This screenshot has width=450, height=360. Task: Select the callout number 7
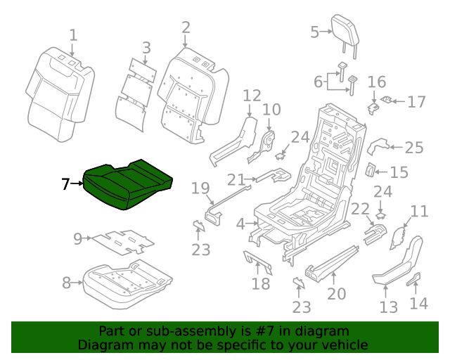click(x=65, y=184)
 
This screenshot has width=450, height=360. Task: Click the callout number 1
click(x=73, y=34)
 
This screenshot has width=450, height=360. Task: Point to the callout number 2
click(x=186, y=27)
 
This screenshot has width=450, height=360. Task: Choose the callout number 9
click(x=77, y=239)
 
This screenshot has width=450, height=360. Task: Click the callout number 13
click(x=389, y=307)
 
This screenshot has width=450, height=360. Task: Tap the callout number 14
click(x=418, y=303)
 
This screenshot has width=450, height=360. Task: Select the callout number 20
click(x=337, y=292)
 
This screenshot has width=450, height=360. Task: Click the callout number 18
click(x=261, y=283)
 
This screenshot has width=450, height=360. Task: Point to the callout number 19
click(x=201, y=188)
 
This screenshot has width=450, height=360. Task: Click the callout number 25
click(x=414, y=148)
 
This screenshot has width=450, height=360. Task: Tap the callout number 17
click(x=416, y=102)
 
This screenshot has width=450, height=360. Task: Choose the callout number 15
click(x=399, y=172)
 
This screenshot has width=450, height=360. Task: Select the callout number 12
click(x=252, y=96)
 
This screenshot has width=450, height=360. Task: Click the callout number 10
click(x=271, y=110)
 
